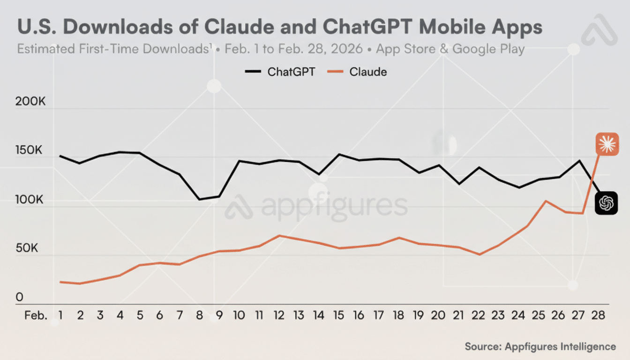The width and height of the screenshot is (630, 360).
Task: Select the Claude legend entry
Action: [359, 72]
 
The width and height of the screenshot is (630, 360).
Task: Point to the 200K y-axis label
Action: [30, 102]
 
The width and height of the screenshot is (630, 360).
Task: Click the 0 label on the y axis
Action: [19, 297]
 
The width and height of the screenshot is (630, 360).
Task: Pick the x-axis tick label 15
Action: [338, 315]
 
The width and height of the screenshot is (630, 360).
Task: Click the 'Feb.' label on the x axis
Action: [36, 315]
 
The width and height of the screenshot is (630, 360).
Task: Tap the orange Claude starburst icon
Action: [607, 144]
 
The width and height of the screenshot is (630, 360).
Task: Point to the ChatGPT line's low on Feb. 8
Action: [199, 200]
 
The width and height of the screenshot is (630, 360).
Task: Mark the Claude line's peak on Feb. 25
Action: [546, 201]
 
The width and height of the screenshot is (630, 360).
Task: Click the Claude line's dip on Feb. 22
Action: [479, 255]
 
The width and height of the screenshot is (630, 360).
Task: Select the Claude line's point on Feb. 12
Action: [279, 235]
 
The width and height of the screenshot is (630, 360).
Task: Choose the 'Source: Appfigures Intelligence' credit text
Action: [540, 346]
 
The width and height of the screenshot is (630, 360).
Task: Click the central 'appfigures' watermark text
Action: [334, 207]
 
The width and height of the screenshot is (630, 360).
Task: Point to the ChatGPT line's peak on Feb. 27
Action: [579, 161]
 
